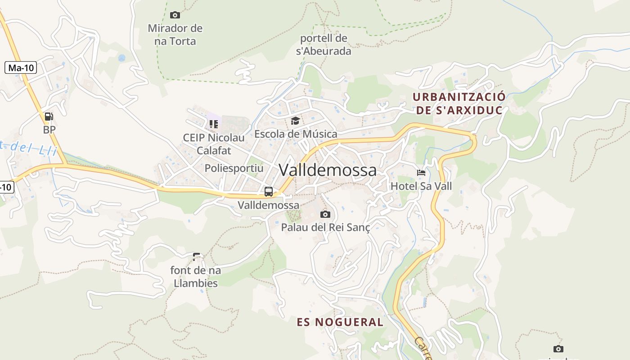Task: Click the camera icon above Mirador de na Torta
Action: coord(175,15)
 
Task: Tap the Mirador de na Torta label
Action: coord(175,35)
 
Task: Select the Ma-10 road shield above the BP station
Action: coord(21,68)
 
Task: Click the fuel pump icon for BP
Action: coord(49,117)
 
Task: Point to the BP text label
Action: coord(49,130)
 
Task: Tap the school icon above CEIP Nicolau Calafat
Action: coord(213,124)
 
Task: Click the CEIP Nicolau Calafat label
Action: coord(214,144)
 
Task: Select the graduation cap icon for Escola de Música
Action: coord(295,121)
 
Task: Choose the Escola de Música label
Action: coord(296,134)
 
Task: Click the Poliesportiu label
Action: coord(234,168)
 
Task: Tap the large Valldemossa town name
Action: coord(328,170)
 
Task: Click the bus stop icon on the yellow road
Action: coord(269,191)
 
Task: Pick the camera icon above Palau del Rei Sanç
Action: coord(325,214)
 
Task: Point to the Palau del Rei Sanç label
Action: coord(325,227)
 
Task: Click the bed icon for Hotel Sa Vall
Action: coord(421,173)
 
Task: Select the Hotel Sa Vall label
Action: coord(421,186)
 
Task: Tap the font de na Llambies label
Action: coord(196,277)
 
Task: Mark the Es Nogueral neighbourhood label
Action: coord(340,322)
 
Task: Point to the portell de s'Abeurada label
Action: coord(324,45)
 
